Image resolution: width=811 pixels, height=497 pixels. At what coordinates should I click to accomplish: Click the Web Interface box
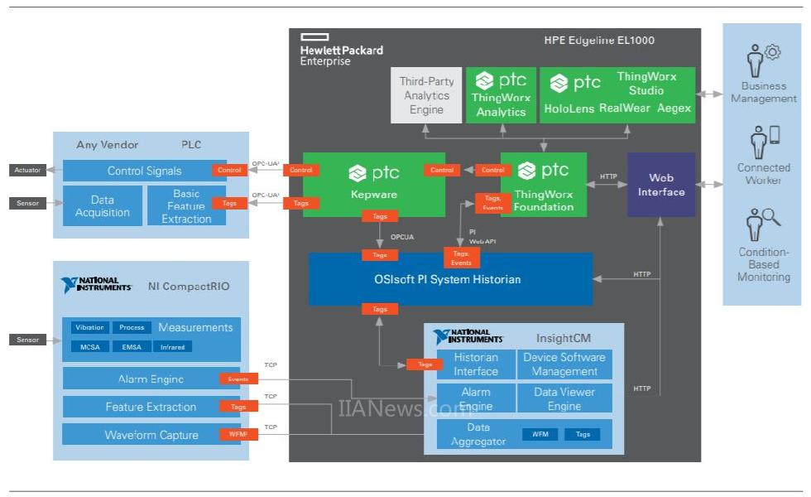[660, 185]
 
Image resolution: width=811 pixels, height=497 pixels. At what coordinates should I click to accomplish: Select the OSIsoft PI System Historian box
[450, 279]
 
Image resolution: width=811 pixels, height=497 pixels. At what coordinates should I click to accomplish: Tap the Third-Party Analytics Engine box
[426, 95]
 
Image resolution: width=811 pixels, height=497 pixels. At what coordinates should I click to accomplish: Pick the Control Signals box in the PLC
[144, 171]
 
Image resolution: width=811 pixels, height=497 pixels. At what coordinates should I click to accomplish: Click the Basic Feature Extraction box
[186, 205]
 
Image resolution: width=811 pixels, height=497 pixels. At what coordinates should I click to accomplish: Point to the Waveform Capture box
[151, 435]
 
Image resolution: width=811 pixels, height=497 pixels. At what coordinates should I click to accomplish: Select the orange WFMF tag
[238, 434]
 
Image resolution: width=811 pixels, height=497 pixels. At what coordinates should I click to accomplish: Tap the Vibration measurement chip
[88, 328]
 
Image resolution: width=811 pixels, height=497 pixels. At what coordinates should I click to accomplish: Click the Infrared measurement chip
[172, 346]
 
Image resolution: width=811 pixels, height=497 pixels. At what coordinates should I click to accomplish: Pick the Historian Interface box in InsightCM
[475, 364]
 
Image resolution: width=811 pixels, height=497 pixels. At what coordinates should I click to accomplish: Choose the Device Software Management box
[564, 364]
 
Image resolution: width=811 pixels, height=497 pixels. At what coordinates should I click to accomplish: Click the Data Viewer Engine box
[564, 398]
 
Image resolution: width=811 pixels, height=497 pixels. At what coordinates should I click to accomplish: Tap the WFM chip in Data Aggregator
[540, 434]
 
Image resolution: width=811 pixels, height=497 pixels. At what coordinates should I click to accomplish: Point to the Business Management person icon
[755, 63]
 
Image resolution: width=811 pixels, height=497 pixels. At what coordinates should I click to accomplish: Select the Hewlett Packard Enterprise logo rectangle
[314, 37]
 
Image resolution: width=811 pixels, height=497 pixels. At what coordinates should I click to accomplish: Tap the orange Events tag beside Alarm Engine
[238, 379]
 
